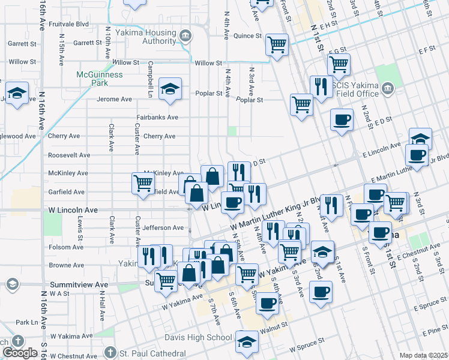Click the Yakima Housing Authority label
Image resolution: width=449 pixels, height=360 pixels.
150,37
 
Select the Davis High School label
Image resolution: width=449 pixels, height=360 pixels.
198,337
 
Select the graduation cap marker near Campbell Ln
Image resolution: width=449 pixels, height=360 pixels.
170,89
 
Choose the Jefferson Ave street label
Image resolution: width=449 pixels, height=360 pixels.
163,228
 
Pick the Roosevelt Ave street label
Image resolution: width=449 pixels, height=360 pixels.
70,155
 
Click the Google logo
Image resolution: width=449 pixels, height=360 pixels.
20,353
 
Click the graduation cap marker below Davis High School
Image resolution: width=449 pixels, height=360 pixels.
246,341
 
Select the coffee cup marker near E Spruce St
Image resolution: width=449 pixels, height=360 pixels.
321,292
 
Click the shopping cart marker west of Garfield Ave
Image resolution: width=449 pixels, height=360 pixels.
143,183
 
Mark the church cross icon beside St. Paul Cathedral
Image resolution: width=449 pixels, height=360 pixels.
109,352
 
